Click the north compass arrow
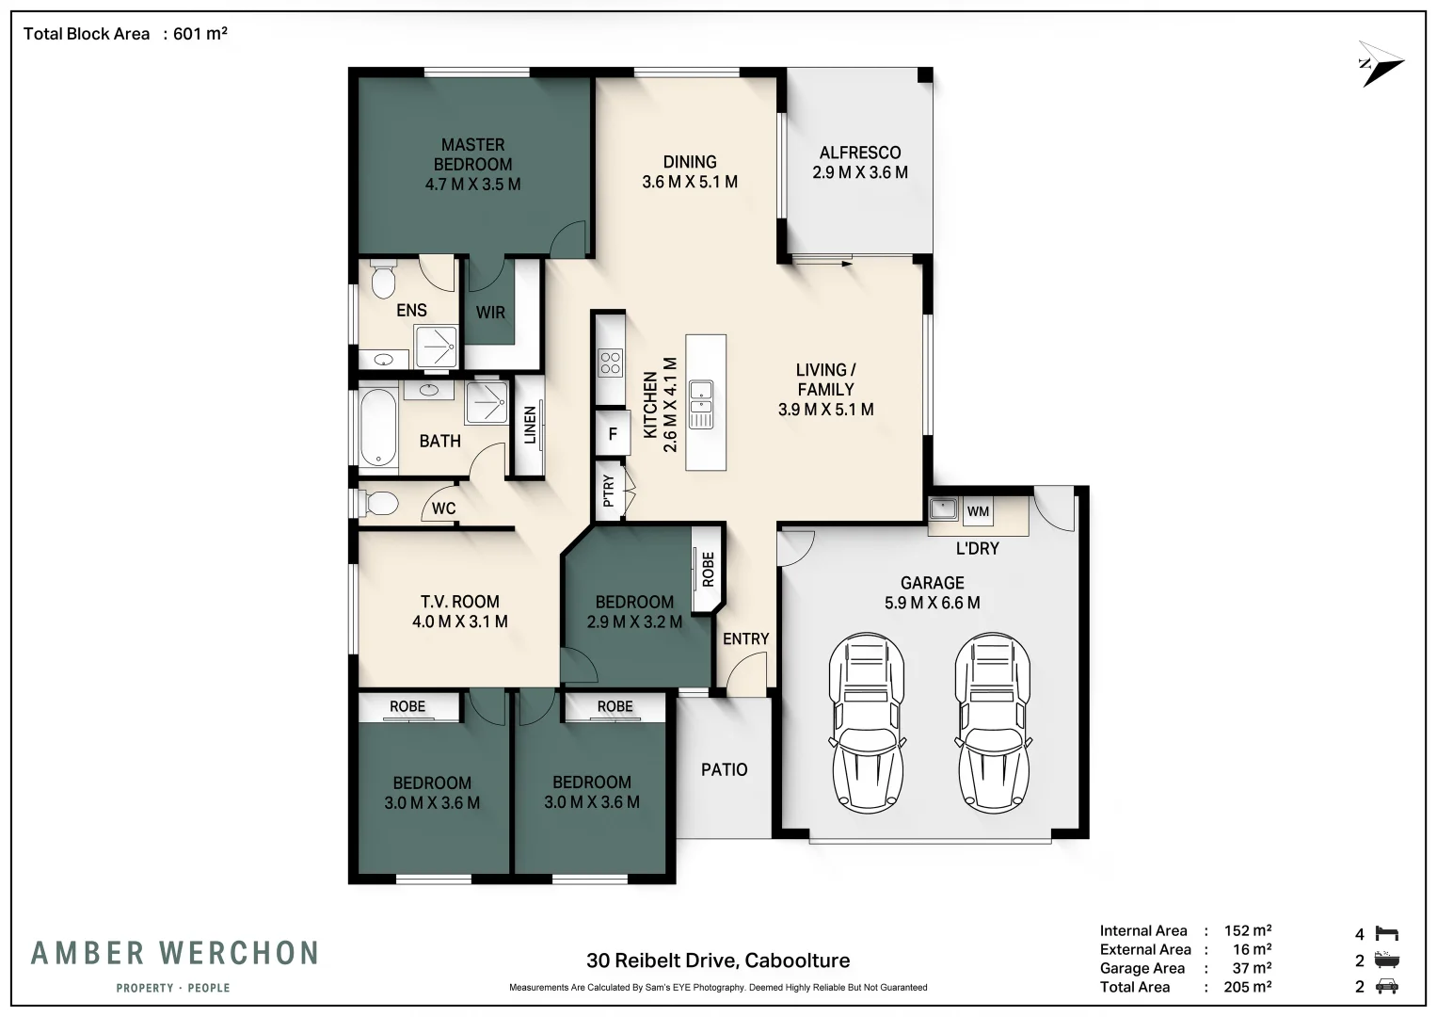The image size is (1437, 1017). [1381, 64]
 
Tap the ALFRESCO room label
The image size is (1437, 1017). [859, 153]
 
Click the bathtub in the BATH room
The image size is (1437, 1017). [378, 426]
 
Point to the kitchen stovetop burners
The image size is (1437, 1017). [610, 363]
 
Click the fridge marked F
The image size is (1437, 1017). [613, 434]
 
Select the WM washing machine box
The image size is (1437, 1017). [978, 511]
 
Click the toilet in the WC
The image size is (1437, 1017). [378, 503]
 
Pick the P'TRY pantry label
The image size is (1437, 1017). [609, 492]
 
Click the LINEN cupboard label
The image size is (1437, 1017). [530, 425]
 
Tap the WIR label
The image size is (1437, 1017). [490, 313]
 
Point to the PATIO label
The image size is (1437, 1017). [725, 769]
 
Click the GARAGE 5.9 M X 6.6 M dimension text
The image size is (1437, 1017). [933, 603]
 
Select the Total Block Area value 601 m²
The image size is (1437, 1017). [200, 33]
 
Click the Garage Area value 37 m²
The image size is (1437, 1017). [1252, 968]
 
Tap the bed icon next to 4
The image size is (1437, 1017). [1387, 933]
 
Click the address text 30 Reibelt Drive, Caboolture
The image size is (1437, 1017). [718, 960]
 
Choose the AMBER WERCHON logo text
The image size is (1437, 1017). [174, 953]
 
